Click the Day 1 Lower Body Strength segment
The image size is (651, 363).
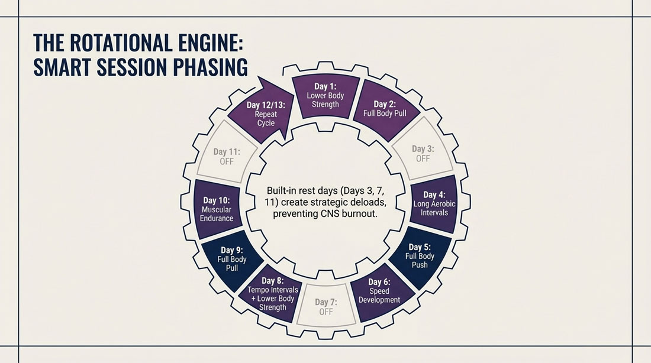(x=325, y=95)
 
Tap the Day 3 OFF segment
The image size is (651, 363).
(x=422, y=153)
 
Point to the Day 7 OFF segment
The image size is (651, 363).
(x=325, y=307)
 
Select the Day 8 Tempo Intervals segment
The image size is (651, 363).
(x=272, y=293)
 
